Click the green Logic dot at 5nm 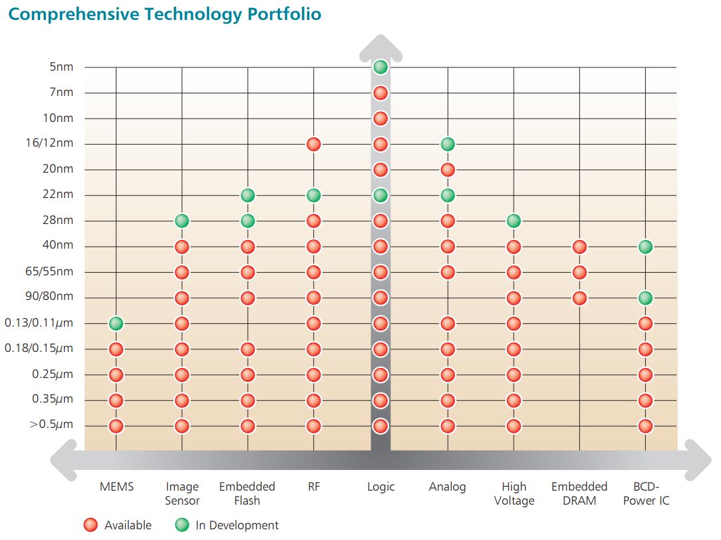pos(380,67)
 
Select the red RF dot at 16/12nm pos(314,144)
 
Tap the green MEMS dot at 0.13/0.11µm pos(116,323)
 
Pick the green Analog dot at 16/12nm pos(448,144)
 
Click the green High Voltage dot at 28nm pos(513,221)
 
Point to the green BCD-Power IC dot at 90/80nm pos(645,298)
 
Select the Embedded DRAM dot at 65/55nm pos(579,272)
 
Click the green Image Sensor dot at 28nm pos(182,221)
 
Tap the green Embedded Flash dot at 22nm pos(247,195)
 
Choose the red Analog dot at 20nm pos(448,169)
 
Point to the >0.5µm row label pos(51,425)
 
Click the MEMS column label pos(117,487)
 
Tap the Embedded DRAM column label pos(579,493)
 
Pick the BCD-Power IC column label pos(646,493)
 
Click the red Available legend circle pos(91,525)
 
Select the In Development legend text pos(237,525)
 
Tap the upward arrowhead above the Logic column pos(380,45)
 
